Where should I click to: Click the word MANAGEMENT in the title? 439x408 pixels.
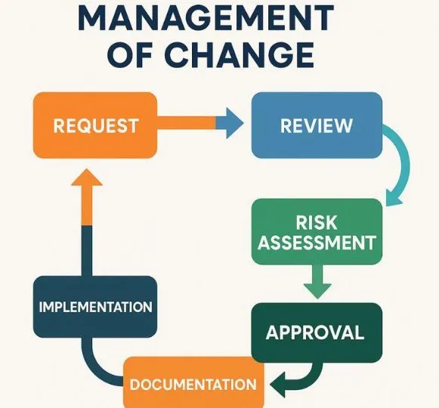pyautogui.click(x=206, y=17)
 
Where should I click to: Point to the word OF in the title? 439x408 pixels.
pyautogui.click(x=130, y=54)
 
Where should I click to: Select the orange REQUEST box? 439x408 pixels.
pyautogui.click(x=95, y=125)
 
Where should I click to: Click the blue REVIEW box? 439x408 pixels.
pyautogui.click(x=317, y=125)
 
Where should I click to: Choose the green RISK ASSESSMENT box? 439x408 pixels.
pyautogui.click(x=317, y=232)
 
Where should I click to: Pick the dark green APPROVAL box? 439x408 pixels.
pyautogui.click(x=317, y=332)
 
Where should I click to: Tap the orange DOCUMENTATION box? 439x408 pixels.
pyautogui.click(x=193, y=382)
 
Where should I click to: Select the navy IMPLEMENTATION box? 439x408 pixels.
pyautogui.click(x=95, y=307)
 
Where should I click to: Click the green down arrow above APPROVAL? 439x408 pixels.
pyautogui.click(x=317, y=281)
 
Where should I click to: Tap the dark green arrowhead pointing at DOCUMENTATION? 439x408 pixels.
pyautogui.click(x=279, y=385)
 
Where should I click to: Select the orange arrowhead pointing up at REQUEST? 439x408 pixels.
pyautogui.click(x=87, y=178)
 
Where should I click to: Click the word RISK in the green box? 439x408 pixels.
pyautogui.click(x=317, y=223)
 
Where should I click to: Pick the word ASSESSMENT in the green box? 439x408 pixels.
pyautogui.click(x=317, y=243)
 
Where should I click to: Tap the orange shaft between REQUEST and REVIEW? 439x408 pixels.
pyautogui.click(x=186, y=123)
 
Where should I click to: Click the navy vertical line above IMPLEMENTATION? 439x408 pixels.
pyautogui.click(x=87, y=251)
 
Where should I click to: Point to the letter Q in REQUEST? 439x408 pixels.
pyautogui.click(x=95, y=126)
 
